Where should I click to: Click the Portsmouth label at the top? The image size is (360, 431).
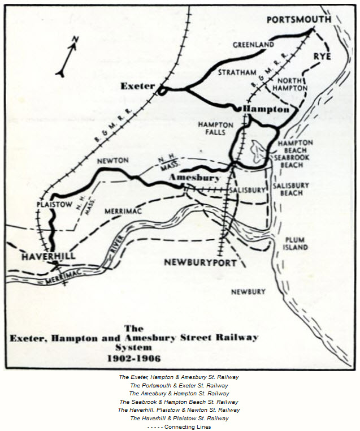[298, 19]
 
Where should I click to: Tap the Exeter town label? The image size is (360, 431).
[137, 86]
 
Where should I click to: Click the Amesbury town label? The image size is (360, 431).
[195, 178]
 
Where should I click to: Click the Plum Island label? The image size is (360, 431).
[296, 243]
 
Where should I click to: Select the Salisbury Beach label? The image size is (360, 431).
[290, 189]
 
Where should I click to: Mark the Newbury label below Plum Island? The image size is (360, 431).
[248, 291]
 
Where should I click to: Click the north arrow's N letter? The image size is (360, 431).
[75, 38]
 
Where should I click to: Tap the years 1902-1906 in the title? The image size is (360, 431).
[134, 358]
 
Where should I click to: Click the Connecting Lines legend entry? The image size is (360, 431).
[179, 426]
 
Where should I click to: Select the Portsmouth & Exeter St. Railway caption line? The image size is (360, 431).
[179, 385]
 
